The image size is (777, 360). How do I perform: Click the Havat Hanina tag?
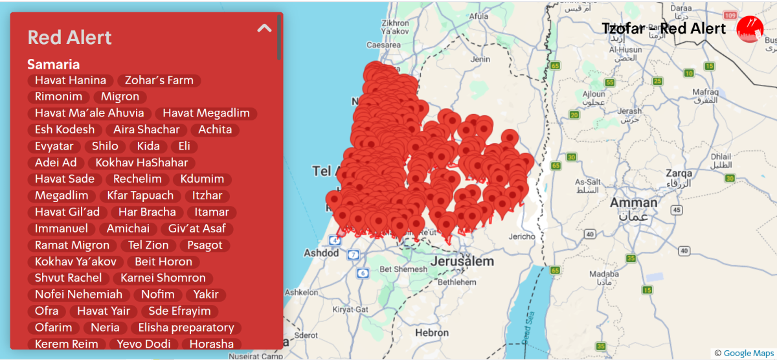pos(70,81)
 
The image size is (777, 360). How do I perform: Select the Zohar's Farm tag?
pos(159,81)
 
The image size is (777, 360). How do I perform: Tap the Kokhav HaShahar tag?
pos(141,163)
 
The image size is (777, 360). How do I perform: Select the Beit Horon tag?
pos(163,262)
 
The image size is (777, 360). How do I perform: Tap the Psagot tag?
pos(205,245)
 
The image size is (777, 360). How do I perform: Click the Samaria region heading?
pos(54,65)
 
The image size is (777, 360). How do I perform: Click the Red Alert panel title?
pos(70,38)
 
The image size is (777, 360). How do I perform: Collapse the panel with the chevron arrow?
pos(264,28)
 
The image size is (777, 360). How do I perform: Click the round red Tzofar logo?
pos(750,29)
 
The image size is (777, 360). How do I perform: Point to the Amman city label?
pos(633,203)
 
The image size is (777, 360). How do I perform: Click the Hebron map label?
pos(432,332)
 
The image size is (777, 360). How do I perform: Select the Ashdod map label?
pos(322,253)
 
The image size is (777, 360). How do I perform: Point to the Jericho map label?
pos(522,237)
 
